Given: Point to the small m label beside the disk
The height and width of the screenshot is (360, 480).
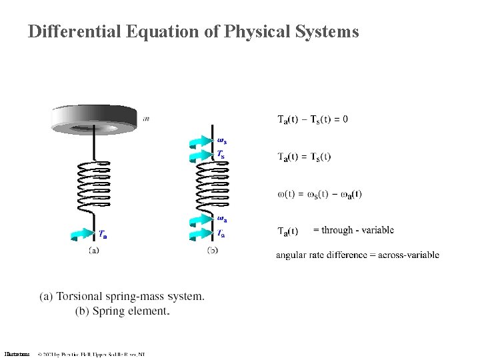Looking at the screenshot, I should pos(146,118).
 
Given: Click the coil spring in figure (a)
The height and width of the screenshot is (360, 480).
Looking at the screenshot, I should pos(93,187).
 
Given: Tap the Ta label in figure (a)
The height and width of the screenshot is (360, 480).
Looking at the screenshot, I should pos(103,234).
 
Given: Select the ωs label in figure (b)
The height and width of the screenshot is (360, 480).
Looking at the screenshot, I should pos(222,140).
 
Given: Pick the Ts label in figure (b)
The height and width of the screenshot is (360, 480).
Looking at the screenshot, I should pos(221,154).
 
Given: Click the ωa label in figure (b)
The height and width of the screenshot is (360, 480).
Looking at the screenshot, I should pos(221,219).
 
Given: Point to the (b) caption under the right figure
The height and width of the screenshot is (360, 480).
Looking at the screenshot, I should pos(213,250).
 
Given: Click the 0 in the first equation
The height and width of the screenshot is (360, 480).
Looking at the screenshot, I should pos(345,120).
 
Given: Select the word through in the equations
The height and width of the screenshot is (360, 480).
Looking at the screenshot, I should pos(337,230).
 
